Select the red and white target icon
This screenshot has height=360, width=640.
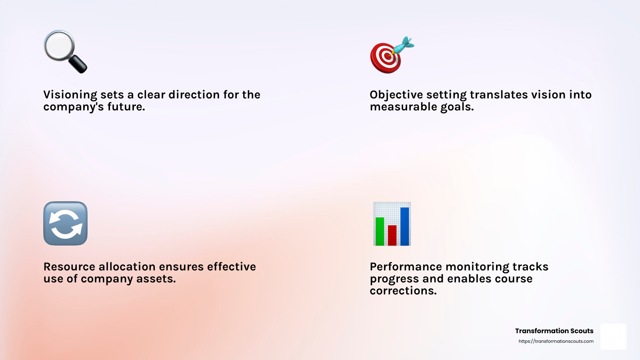[x=385, y=58]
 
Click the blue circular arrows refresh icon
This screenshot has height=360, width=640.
[x=65, y=223]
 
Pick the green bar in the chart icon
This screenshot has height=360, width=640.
[x=380, y=231]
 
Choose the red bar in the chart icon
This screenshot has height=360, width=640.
[x=392, y=235]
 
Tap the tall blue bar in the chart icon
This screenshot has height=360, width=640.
[x=404, y=226]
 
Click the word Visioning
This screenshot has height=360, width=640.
[x=70, y=95]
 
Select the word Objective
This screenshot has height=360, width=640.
[x=396, y=95]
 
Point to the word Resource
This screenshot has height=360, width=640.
[x=69, y=267]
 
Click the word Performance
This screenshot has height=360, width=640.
[x=406, y=267]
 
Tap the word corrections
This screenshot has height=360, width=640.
[x=403, y=291]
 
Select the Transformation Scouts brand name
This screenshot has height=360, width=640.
[x=554, y=331]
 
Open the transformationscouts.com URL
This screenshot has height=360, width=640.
[x=556, y=341]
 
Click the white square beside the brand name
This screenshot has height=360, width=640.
[x=613, y=336]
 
